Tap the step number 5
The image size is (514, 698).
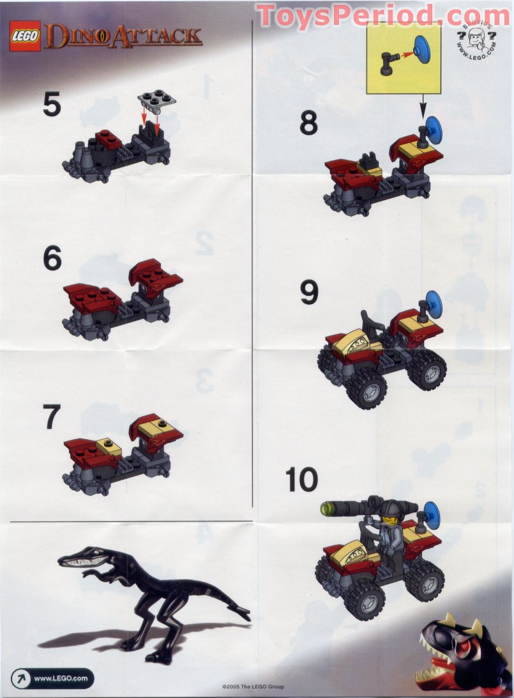tap(52, 104)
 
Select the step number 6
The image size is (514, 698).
tap(52, 259)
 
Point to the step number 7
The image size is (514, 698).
tap(52, 417)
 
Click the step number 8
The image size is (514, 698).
tap(308, 123)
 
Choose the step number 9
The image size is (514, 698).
tap(309, 293)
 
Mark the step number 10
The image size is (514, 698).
tap(301, 479)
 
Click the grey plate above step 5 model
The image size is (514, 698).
tap(157, 98)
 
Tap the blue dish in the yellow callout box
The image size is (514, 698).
tap(422, 48)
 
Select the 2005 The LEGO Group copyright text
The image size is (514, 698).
tap(253, 686)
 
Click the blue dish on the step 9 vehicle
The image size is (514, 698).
tap(433, 302)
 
